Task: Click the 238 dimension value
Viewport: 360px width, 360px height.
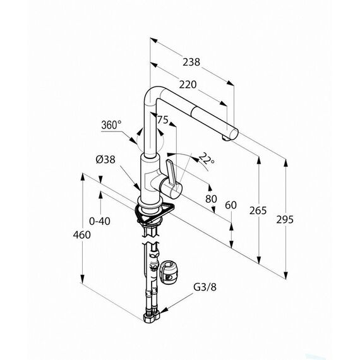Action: pos(191,62)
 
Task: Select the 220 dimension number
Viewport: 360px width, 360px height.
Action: pos(188,85)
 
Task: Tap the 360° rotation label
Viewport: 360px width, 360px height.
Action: pos(111,125)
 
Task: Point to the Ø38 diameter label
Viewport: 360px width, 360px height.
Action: pos(105,159)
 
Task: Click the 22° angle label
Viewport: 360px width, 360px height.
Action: pos(207,158)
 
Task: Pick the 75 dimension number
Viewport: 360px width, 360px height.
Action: pos(163,120)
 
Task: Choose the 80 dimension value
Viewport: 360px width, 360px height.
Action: pos(211,199)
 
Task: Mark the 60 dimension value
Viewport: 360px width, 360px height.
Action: pos(231,205)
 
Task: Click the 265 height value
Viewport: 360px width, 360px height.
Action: pos(258,210)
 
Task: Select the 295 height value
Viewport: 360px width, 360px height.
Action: pos(285,220)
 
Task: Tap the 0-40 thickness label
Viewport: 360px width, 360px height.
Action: pos(100,221)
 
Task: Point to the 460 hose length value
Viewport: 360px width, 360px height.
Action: pos(82,235)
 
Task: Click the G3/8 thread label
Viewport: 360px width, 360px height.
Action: pos(205,287)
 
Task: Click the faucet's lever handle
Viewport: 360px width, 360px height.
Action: pos(171,172)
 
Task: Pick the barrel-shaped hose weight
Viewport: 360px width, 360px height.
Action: pos(169,272)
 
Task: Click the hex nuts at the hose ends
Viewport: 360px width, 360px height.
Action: pos(152,316)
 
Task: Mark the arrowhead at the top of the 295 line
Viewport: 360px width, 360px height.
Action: pos(286,163)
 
